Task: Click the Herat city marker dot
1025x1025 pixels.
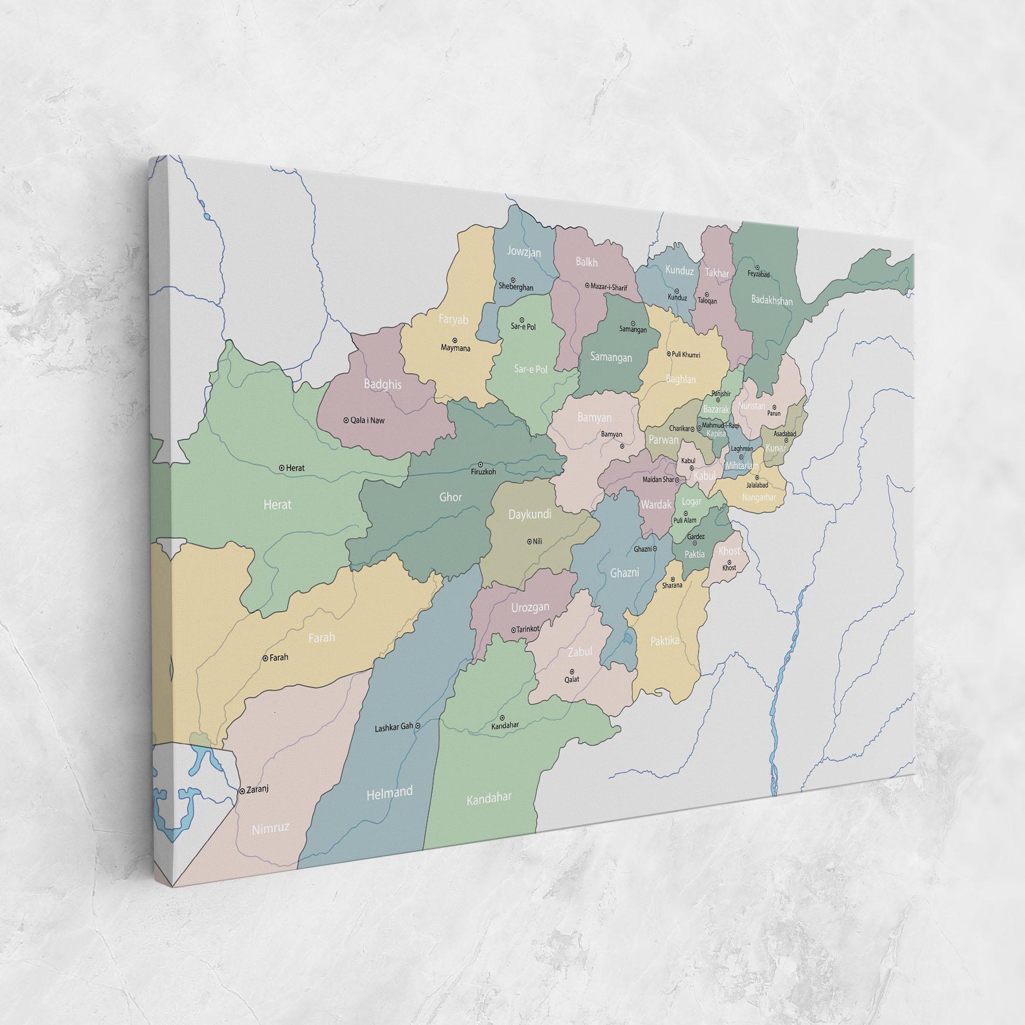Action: [x=282, y=468]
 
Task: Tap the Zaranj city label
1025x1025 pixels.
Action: [x=257, y=789]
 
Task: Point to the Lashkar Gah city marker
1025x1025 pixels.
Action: [x=418, y=726]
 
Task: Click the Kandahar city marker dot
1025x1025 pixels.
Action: [x=502, y=717]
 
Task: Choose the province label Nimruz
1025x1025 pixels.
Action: [x=271, y=844]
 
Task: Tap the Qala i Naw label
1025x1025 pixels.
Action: [x=367, y=420]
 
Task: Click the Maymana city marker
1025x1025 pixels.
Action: [x=455, y=340]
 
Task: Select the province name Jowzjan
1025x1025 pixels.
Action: [x=524, y=251]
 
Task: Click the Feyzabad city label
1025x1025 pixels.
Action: [x=758, y=275]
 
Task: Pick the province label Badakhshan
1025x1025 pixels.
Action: [x=771, y=300]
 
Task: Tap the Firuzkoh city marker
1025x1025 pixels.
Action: [x=481, y=464]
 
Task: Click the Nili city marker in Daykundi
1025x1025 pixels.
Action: [x=529, y=541]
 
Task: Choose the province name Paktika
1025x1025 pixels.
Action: [x=664, y=640]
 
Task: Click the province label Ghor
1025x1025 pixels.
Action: [x=450, y=497]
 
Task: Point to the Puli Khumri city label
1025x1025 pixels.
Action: [x=685, y=354]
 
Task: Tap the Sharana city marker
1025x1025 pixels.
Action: [x=672, y=578]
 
